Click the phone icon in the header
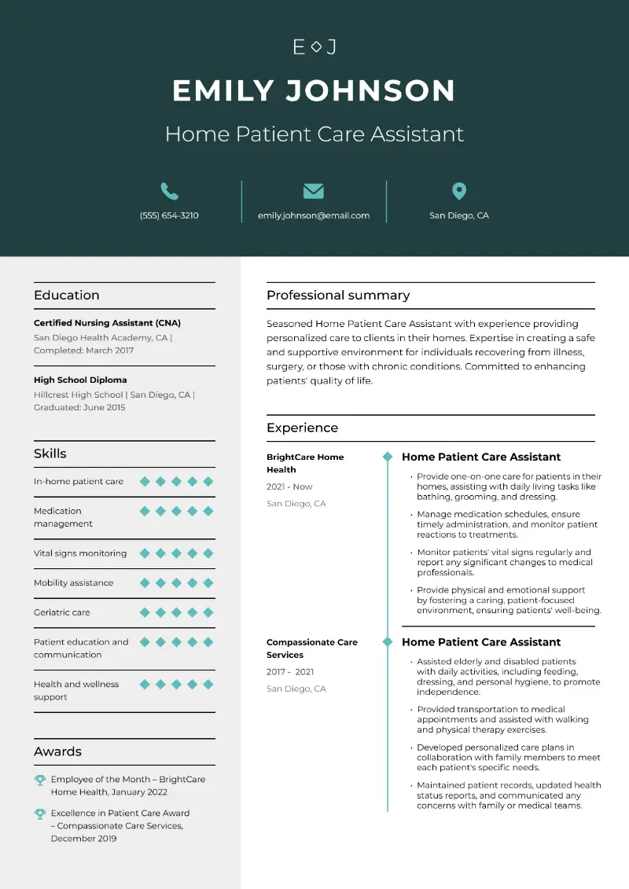click(x=169, y=191)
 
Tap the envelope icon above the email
click(x=314, y=191)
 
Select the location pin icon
click(x=459, y=191)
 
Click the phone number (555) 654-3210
click(x=169, y=215)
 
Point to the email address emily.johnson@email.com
click(x=314, y=215)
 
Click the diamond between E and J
click(x=315, y=47)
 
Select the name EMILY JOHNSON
click(x=314, y=90)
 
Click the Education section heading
click(x=67, y=296)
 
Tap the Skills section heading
click(x=50, y=454)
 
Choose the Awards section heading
click(x=57, y=751)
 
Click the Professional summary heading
click(x=338, y=296)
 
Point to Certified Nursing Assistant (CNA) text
click(x=107, y=323)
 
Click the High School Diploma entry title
click(x=80, y=380)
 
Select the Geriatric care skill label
click(x=62, y=612)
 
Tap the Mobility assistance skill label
click(x=73, y=582)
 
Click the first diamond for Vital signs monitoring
click(x=145, y=553)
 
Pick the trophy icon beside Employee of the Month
click(x=40, y=780)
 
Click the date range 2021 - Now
click(x=289, y=487)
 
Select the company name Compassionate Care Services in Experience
click(x=312, y=648)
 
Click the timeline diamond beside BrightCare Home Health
click(x=387, y=457)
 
